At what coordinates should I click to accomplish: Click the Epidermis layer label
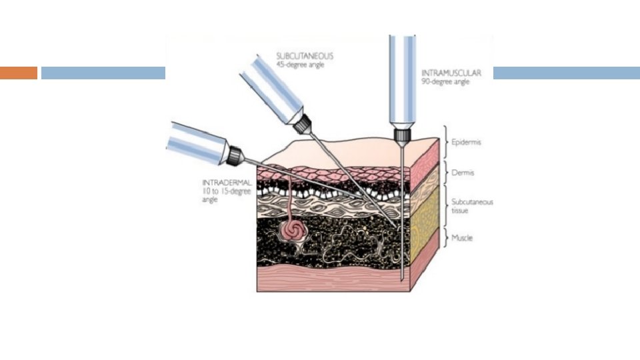click(x=467, y=142)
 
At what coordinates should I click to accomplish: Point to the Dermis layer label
click(x=464, y=172)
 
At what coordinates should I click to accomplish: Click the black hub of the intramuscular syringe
click(x=402, y=136)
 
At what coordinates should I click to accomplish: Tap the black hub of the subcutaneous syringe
click(x=304, y=123)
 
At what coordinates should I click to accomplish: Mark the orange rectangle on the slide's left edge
click(x=19, y=73)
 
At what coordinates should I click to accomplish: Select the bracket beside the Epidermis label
click(x=445, y=141)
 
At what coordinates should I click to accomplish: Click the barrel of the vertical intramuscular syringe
click(x=402, y=80)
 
